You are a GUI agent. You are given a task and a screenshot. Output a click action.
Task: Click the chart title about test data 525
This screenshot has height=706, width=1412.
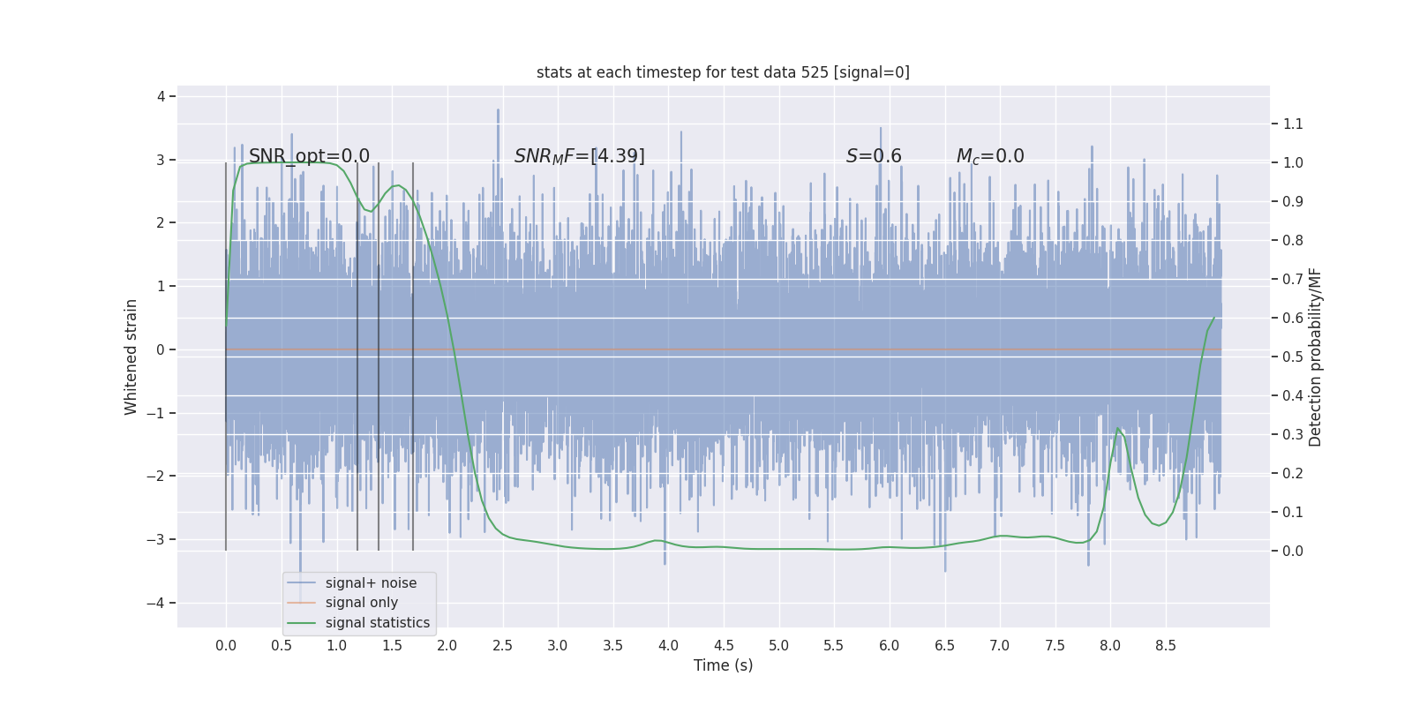pos(723,72)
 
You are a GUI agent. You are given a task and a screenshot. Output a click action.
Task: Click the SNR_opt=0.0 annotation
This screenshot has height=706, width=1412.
pos(309,156)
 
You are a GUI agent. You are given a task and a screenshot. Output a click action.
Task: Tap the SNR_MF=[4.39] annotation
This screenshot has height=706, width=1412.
pos(579,156)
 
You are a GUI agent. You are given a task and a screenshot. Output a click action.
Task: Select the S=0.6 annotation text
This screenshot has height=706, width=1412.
pos(874,156)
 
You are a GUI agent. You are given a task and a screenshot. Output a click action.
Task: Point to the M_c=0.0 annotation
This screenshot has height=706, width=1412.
pos(990,156)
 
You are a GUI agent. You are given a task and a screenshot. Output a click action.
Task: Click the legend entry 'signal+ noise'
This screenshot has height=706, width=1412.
pos(371,582)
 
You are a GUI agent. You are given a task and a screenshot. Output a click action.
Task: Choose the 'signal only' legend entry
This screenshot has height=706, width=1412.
pos(361,603)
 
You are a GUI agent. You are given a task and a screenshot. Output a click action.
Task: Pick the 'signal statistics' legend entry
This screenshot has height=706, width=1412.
pos(377,623)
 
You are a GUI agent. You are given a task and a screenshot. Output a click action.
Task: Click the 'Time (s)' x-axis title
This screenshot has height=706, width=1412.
pos(723,665)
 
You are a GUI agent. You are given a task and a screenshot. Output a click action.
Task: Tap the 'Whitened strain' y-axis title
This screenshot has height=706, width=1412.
pos(131,357)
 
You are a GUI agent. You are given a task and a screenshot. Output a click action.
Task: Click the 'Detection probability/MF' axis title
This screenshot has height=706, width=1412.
pos(1316,357)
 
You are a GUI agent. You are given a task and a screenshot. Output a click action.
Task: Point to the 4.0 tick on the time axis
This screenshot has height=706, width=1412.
pos(668,645)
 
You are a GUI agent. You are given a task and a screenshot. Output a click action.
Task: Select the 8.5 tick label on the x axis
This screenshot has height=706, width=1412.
pos(1166,645)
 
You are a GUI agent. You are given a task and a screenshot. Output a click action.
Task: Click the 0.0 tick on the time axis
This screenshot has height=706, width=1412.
pos(226,645)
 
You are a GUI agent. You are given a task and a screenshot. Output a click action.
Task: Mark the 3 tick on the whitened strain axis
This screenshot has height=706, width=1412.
pos(161,160)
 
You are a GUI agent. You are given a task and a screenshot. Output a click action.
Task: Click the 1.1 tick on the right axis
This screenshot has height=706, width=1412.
pos(1293,124)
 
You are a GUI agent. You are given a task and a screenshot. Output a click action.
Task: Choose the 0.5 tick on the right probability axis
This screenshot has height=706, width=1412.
pos(1293,357)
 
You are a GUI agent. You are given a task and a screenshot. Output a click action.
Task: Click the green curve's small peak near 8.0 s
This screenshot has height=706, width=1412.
pos(1118,428)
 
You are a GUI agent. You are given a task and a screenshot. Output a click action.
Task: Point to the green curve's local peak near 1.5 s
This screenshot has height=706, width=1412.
pos(399,185)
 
